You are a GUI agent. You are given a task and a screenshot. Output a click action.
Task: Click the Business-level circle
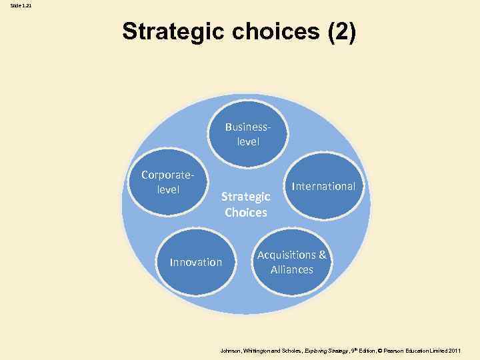tap(248, 133)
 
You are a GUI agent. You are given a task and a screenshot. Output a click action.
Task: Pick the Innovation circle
tap(196, 262)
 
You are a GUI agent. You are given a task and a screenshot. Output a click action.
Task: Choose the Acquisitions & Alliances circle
tap(292, 263)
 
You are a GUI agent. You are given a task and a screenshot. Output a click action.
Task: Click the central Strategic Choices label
tap(246, 205)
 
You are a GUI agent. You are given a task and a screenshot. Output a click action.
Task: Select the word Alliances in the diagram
tap(292, 270)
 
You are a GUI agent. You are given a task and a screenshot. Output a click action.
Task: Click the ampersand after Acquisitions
tap(323, 255)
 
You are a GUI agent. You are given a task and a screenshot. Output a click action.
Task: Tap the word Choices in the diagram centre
tap(246, 213)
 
